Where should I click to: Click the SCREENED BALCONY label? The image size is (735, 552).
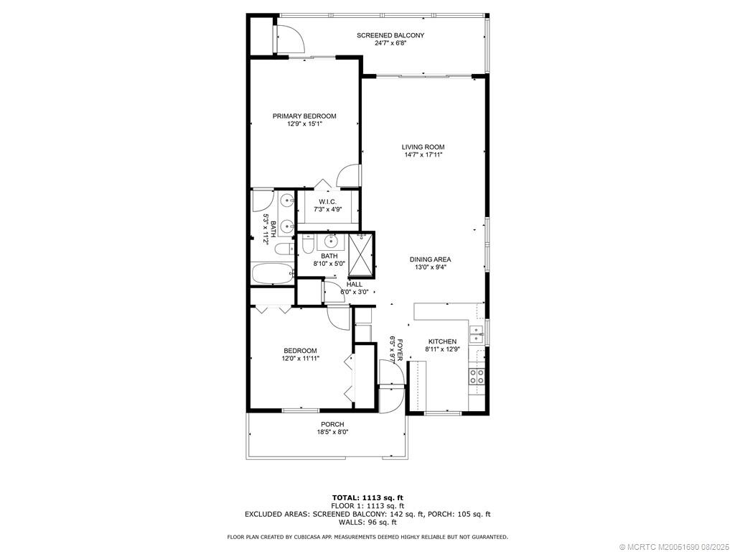tap(390, 35)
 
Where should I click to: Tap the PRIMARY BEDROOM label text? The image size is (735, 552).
tap(304, 116)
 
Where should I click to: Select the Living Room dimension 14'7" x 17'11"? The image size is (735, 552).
tap(423, 155)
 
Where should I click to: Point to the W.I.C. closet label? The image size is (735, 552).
tap(329, 201)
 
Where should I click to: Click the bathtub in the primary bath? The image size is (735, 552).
tap(273, 273)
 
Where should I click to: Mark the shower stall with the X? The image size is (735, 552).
tap(362, 254)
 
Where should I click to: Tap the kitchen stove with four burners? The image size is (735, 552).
tap(477, 375)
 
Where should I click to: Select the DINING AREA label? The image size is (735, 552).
tap(430, 259)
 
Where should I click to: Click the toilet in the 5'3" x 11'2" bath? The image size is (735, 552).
tap(284, 249)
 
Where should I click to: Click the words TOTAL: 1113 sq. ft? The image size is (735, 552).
tap(367, 497)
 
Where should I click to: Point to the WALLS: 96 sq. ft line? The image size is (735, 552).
tap(367, 523)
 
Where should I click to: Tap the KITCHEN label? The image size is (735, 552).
tap(442, 341)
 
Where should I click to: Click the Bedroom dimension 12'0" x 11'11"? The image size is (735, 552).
tap(300, 358)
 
